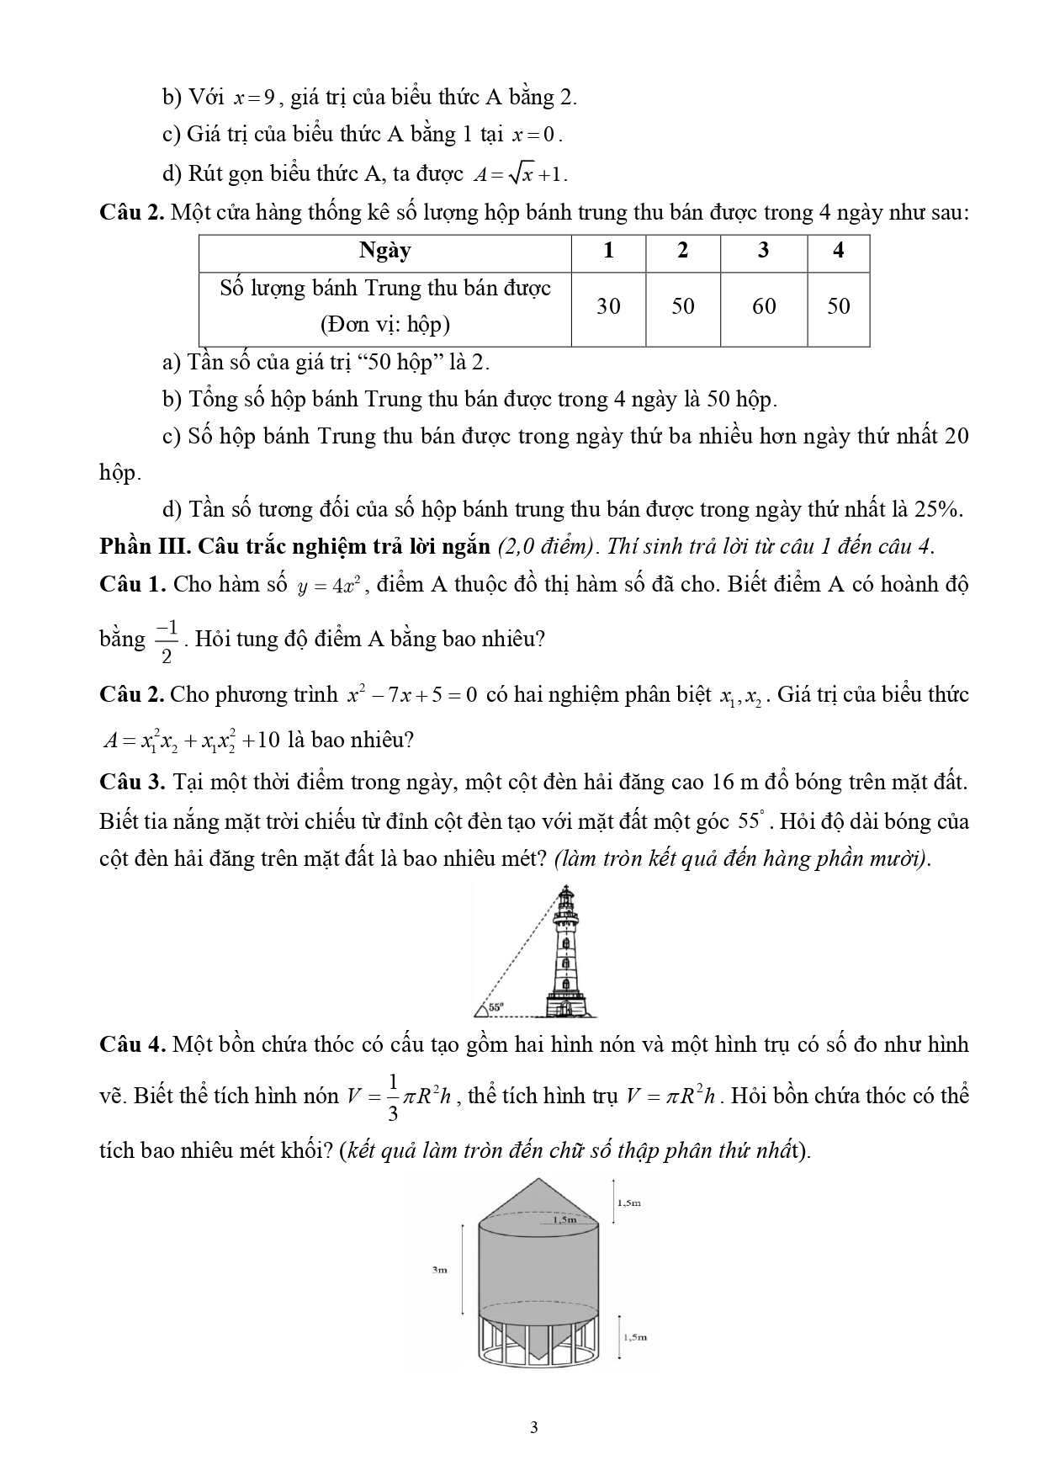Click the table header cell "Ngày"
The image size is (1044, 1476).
click(384, 251)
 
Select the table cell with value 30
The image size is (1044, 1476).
click(608, 306)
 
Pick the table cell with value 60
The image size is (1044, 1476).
click(764, 306)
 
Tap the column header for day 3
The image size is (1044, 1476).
click(764, 251)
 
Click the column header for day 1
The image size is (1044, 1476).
click(608, 251)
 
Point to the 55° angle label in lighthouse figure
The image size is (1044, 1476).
click(496, 1006)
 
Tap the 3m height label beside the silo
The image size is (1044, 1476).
click(439, 1270)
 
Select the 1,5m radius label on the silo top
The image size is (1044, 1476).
click(564, 1218)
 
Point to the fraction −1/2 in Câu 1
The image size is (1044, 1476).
click(167, 640)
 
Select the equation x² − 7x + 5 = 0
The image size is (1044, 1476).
click(412, 695)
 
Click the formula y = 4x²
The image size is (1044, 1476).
click(330, 587)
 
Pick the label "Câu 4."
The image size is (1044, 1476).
click(133, 1045)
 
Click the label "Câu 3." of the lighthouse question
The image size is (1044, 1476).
click(133, 783)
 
